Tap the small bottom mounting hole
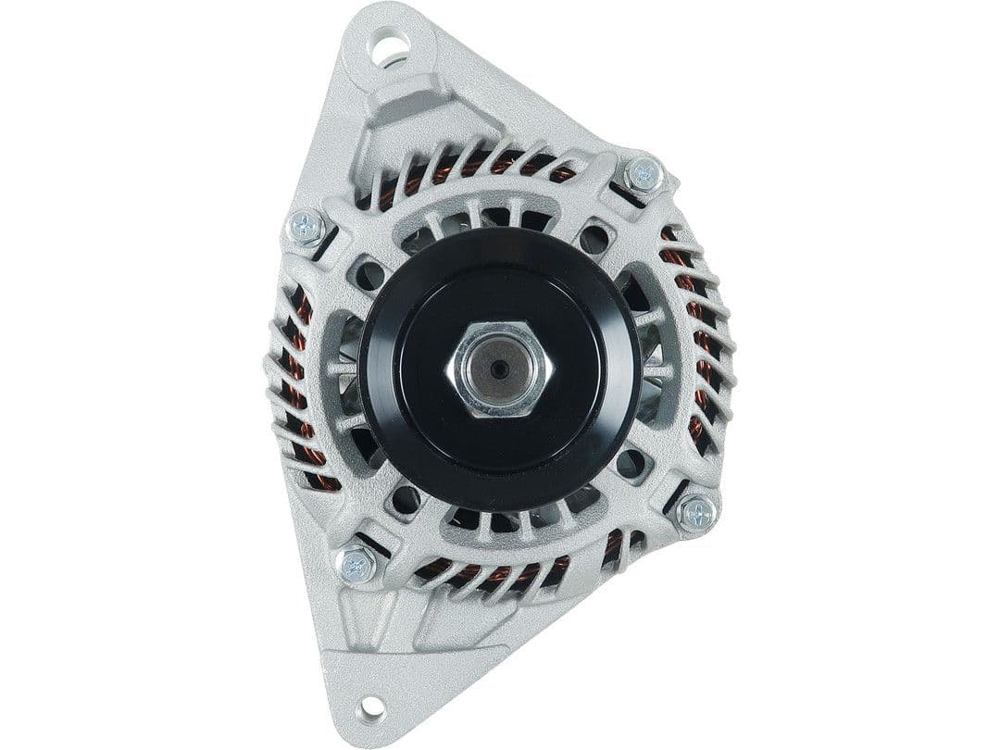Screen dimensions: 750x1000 (x=370, y=707)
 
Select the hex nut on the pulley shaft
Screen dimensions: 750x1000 (x=499, y=369)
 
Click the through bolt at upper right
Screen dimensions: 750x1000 (x=643, y=174)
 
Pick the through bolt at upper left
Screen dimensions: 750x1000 (x=306, y=226)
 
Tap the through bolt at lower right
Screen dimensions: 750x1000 (x=695, y=513)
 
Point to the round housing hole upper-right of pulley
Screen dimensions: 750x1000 (x=594, y=240)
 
